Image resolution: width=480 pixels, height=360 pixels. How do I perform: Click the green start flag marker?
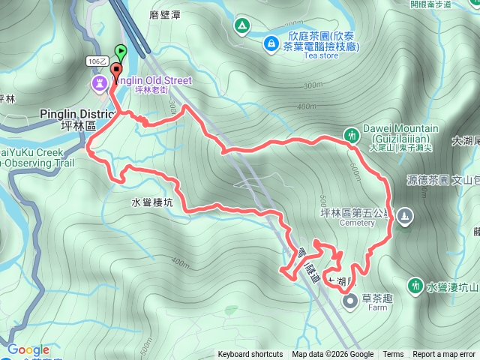[121, 52]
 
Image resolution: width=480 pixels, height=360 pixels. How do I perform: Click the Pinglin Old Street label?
[153, 80]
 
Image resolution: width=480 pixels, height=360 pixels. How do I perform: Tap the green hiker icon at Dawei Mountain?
[352, 136]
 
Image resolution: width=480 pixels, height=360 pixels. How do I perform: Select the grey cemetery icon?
[405, 216]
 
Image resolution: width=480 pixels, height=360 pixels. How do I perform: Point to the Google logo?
[28, 350]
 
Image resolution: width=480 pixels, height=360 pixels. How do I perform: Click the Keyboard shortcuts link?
[250, 355]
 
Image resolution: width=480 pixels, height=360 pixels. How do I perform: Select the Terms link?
[393, 355]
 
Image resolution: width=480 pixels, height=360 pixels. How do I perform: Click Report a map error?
[444, 355]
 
